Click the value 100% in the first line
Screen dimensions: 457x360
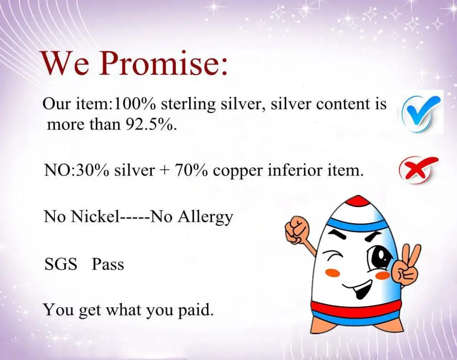pos(135,104)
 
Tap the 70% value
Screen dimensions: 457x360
pos(191,170)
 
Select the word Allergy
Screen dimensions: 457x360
pos(205,217)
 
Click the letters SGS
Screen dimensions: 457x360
pos(61,265)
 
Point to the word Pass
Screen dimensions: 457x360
pos(108,265)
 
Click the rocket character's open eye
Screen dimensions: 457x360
pos(379,256)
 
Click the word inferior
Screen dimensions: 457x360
pos(294,170)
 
